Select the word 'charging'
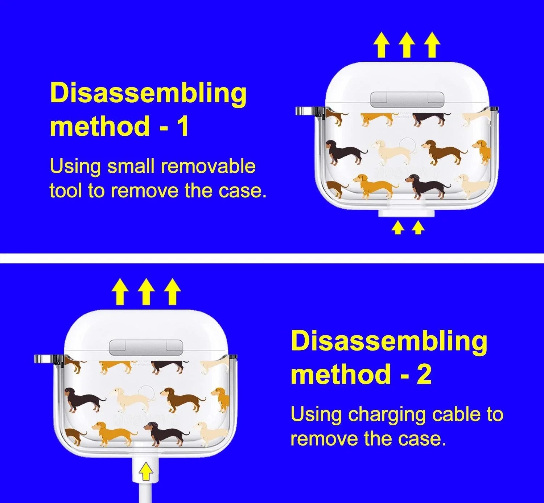(387, 416)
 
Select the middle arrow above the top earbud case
(407, 45)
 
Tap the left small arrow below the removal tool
(398, 228)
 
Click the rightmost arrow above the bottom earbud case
(172, 292)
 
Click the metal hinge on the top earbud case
(407, 99)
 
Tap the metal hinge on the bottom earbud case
(146, 347)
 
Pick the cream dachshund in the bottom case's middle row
(131, 400)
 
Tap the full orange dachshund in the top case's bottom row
(375, 185)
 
